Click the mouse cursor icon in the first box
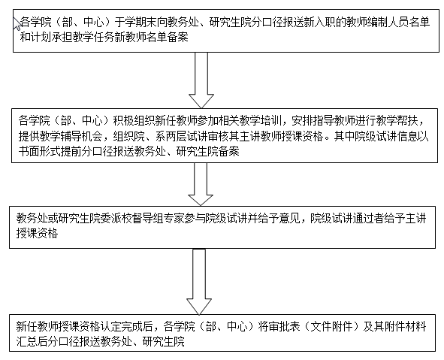17,23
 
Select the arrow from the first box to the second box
201,80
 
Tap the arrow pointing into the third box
201,184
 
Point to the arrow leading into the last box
199,282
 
